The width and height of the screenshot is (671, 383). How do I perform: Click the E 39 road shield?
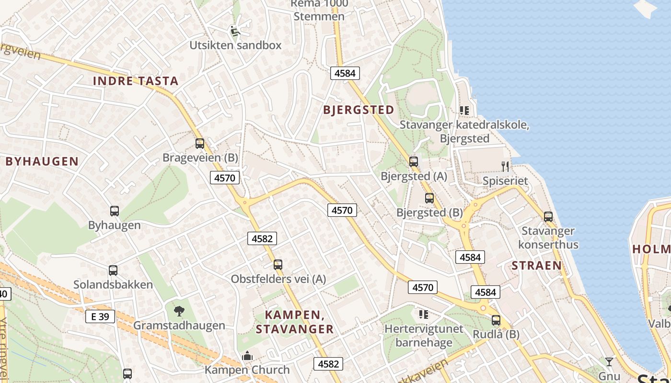[x=100, y=316]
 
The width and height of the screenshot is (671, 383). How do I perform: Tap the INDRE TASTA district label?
[x=136, y=81]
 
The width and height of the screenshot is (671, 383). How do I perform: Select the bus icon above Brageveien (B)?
[x=200, y=143]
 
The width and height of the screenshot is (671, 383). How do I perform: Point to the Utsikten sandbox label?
[x=235, y=45]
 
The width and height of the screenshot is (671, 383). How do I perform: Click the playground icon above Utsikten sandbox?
[x=234, y=31]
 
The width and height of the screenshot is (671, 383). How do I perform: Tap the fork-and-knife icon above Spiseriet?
[x=505, y=167]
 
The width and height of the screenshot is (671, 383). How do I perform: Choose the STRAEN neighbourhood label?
[x=536, y=266]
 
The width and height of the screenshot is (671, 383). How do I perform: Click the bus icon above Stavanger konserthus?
[x=548, y=217]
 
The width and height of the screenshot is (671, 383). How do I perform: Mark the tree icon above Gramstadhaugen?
[x=179, y=311]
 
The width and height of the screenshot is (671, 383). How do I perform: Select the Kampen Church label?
[x=247, y=370]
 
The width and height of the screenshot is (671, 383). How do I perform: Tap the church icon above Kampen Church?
[x=247, y=356]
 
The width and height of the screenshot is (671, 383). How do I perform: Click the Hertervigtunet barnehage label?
[x=424, y=336]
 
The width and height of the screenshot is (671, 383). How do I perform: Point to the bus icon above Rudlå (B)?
[x=496, y=320]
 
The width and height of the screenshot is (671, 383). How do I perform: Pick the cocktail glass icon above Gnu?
[x=609, y=361]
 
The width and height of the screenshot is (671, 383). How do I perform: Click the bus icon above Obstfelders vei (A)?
[x=278, y=265]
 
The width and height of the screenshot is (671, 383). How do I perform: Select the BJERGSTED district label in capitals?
[x=359, y=110]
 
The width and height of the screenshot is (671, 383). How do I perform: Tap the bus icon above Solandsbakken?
[x=113, y=270]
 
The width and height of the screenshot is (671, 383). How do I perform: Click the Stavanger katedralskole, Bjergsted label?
[x=464, y=132]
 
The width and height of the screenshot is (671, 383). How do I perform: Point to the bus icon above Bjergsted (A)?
[x=414, y=162]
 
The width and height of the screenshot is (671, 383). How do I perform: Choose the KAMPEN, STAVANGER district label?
[x=294, y=322]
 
